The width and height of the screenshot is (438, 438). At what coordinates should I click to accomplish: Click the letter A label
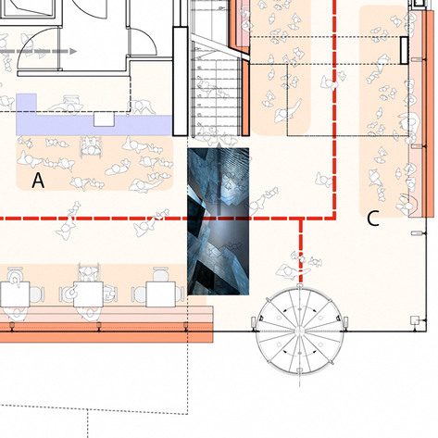tap(38, 181)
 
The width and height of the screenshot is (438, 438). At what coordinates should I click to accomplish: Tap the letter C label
tap(373, 219)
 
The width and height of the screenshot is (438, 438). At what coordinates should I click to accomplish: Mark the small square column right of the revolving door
tap(412, 321)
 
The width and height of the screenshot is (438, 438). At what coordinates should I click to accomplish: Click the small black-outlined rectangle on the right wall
tap(405, 49)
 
